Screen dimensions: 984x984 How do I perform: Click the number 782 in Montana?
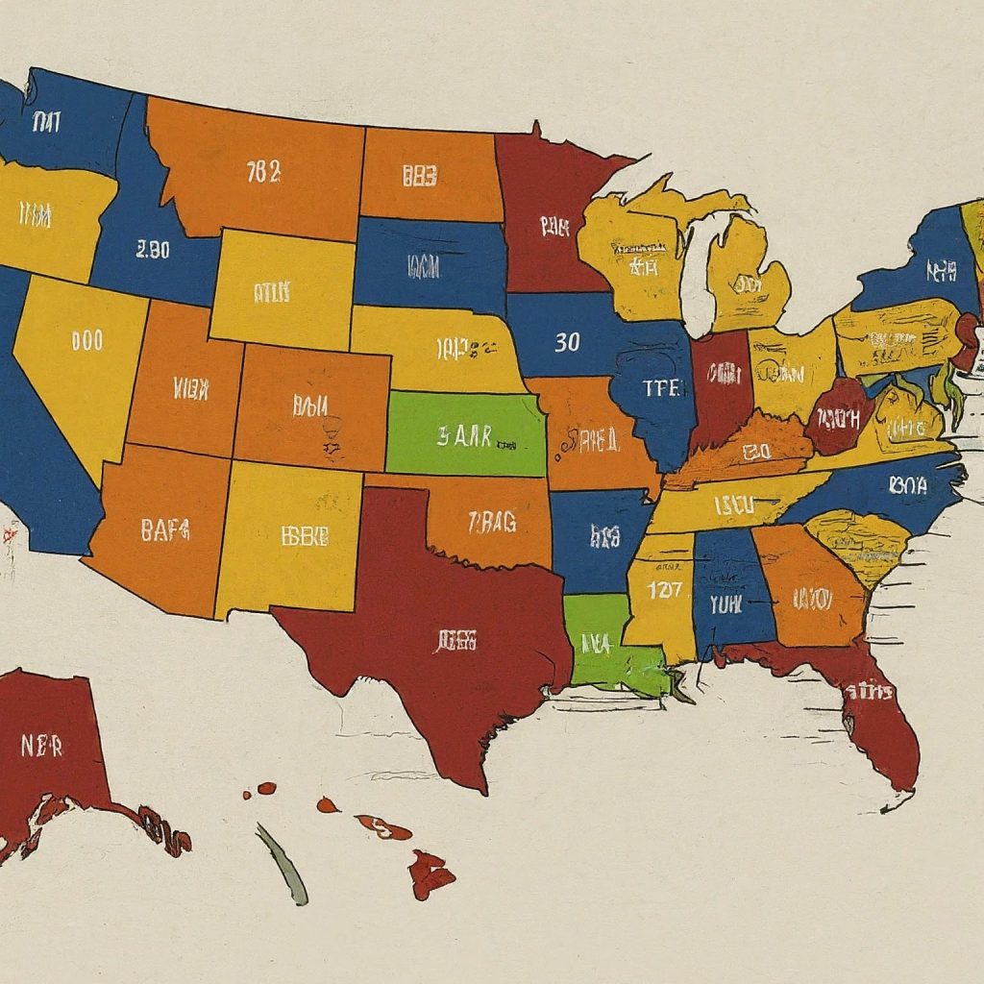pyautogui.click(x=263, y=172)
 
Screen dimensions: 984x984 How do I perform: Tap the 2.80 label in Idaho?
pyautogui.click(x=153, y=250)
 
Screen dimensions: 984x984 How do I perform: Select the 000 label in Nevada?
pyautogui.click(x=86, y=340)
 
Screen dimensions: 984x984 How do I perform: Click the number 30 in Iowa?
pyautogui.click(x=567, y=342)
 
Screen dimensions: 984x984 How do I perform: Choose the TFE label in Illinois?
pyautogui.click(x=660, y=388)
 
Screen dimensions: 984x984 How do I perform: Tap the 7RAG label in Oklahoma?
pyautogui.click(x=491, y=522)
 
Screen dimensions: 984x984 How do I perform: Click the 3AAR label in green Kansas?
pyautogui.click(x=464, y=437)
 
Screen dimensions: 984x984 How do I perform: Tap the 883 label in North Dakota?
pyautogui.click(x=420, y=175)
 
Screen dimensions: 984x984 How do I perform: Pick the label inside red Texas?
pyautogui.click(x=455, y=641)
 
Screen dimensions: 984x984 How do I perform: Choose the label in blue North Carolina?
pyautogui.click(x=908, y=485)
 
